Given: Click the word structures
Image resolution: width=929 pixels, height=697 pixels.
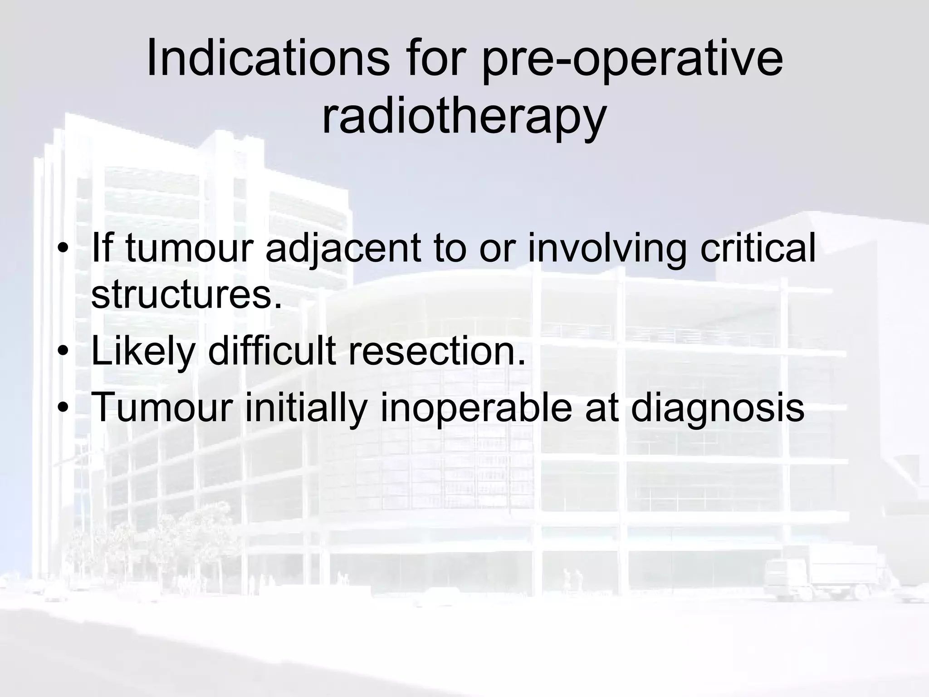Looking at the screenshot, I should coord(186,295).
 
